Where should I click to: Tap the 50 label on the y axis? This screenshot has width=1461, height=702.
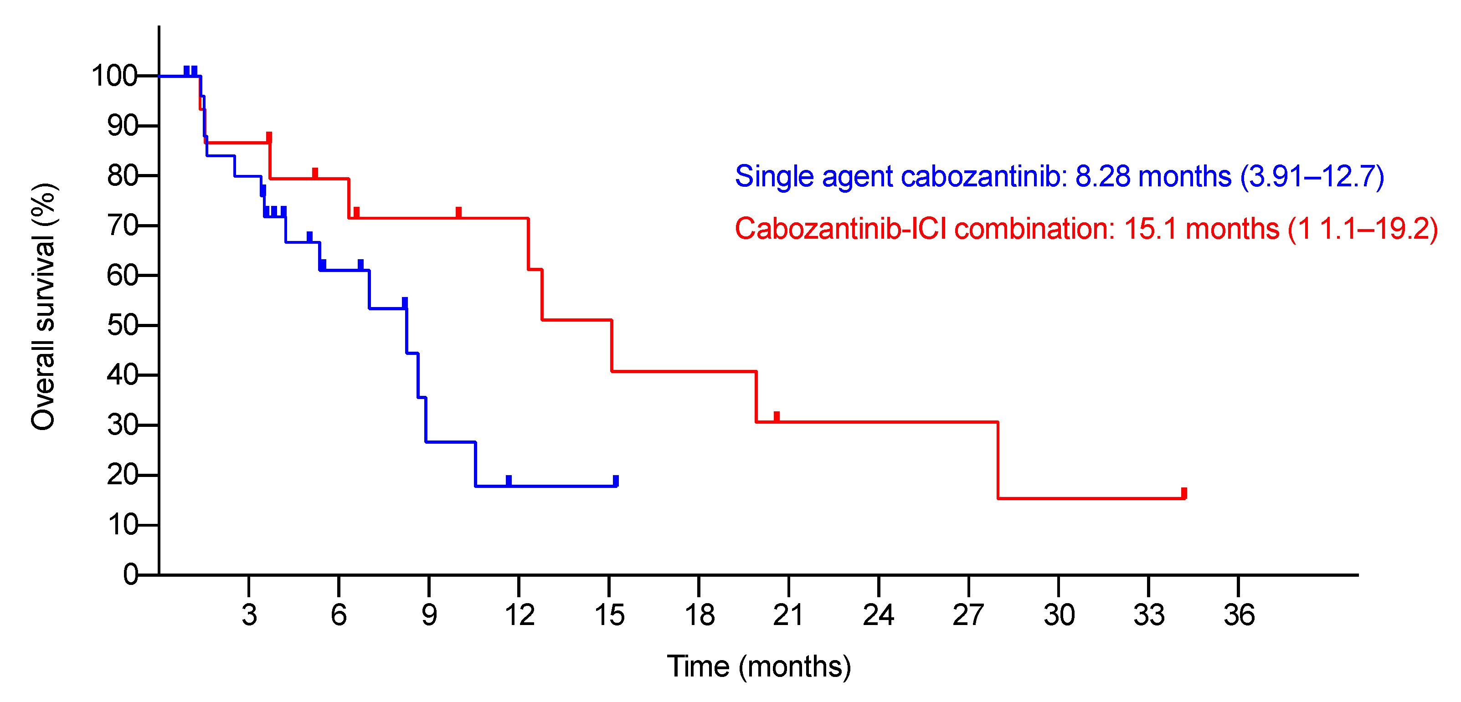(123, 325)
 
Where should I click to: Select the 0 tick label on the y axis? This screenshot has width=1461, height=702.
(130, 575)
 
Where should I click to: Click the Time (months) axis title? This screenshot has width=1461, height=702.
(759, 666)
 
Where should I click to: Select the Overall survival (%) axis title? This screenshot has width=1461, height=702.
(43, 307)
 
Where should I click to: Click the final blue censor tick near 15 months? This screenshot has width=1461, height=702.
(616, 480)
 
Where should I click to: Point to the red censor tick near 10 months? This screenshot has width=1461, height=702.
(458, 212)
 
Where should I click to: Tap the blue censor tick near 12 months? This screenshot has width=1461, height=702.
(509, 480)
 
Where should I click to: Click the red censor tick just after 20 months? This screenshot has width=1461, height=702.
(777, 416)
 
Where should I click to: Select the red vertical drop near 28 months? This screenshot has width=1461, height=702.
(998, 460)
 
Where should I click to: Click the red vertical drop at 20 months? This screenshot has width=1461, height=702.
(756, 396)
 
